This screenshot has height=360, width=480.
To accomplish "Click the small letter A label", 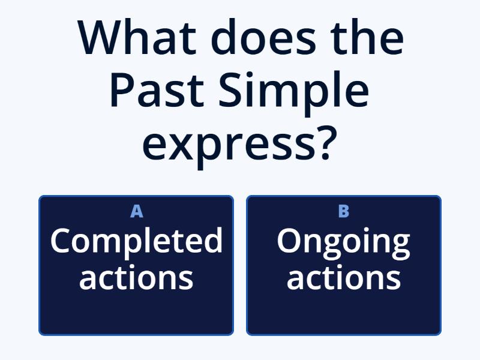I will tap(136, 211).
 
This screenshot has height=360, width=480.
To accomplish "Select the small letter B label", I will tap(344, 211).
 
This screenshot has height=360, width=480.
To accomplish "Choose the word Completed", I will tap(136, 241).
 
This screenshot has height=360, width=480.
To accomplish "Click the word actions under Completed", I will tap(136, 277).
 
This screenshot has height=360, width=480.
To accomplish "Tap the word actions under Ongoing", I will tap(344, 277).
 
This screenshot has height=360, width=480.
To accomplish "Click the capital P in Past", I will tap(121, 91).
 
